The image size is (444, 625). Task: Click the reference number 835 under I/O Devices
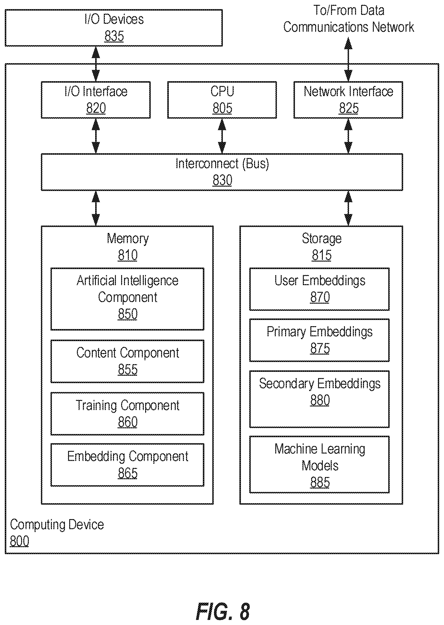coord(114,36)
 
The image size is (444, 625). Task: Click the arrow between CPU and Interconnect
coord(222,136)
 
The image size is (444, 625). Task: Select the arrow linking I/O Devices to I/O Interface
coord(96,64)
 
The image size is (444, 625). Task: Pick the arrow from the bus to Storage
coord(348,208)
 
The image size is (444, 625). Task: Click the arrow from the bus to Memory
coord(96,208)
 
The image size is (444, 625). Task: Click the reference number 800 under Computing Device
coord(19,541)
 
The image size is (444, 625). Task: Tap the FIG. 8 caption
coord(223,612)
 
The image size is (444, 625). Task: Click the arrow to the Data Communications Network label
coord(348,59)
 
